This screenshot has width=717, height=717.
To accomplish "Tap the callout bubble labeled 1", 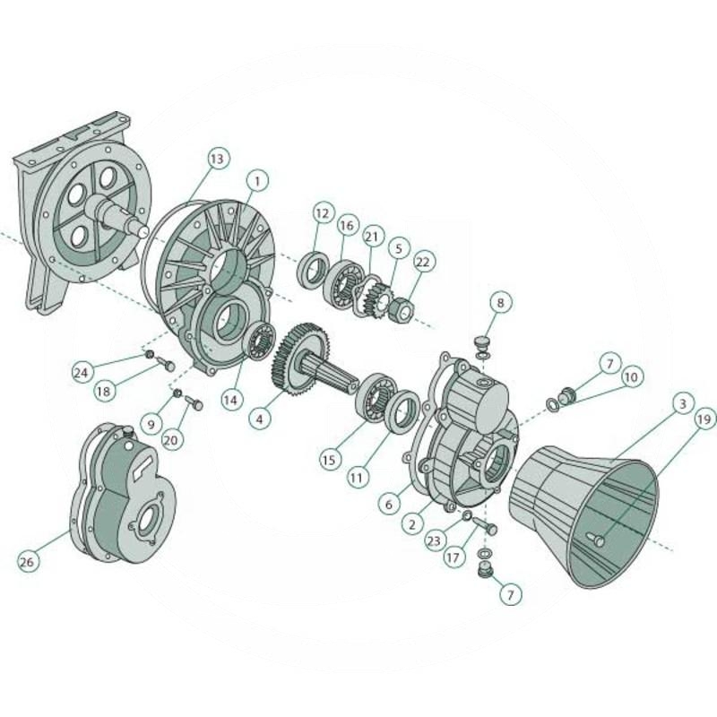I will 256,181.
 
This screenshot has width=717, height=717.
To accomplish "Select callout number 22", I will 423,261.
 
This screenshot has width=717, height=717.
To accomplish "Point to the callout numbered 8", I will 500,303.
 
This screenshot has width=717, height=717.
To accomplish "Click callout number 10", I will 631,377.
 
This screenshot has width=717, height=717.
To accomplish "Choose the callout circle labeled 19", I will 704,418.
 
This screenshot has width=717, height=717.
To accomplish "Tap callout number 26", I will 29,562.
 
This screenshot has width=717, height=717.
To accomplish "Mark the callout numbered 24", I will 82,372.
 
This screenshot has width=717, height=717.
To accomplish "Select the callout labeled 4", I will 258,419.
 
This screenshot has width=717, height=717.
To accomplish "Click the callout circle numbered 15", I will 331,458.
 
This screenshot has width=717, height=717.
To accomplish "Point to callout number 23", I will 434,541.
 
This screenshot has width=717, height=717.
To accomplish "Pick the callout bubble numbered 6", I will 388,505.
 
